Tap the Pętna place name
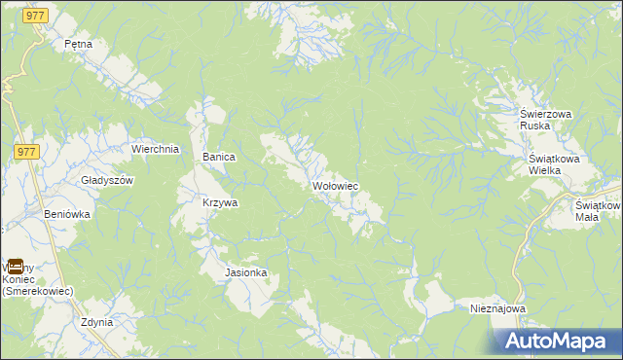click(77, 44)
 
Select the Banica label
click(219, 156)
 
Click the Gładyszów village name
click(106, 180)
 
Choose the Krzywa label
click(220, 203)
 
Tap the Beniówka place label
click(67, 213)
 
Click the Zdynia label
click(97, 322)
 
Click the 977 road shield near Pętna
click(38, 18)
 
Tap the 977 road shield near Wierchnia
click(26, 151)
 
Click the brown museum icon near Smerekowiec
click(16, 265)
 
